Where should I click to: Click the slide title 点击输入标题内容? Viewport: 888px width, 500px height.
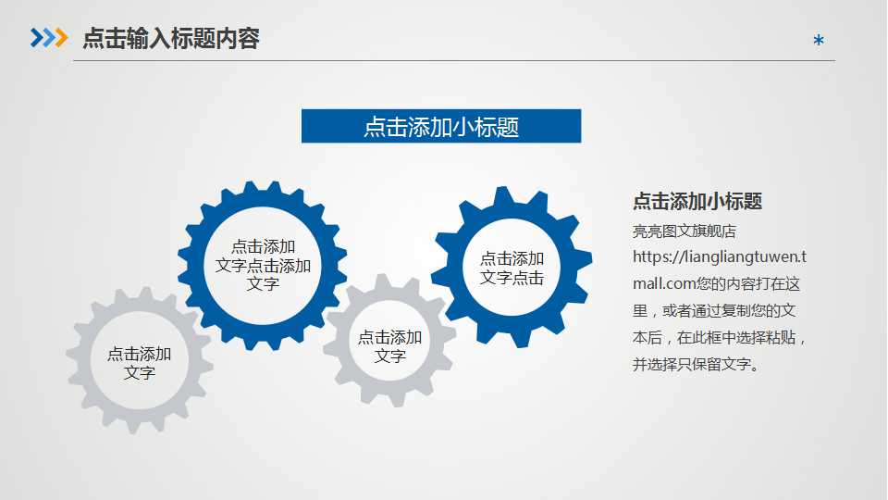[x=171, y=38]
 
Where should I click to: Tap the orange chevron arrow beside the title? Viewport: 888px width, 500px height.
[x=61, y=38]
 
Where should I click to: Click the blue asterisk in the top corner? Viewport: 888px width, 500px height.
[x=818, y=41]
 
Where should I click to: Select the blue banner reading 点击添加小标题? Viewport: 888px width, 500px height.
[x=441, y=126]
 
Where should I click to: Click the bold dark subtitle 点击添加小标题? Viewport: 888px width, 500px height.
[x=697, y=202]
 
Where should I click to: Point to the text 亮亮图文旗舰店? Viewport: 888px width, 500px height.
[x=684, y=231]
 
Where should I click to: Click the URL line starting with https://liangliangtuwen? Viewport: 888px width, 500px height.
[x=719, y=256]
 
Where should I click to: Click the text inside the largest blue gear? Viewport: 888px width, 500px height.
[x=263, y=265]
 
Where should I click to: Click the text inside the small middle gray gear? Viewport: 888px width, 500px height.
[x=389, y=346]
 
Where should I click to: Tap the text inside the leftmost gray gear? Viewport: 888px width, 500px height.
[x=139, y=363]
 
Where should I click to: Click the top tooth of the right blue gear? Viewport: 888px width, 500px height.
[x=503, y=195]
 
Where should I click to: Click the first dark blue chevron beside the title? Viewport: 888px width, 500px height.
[x=36, y=38]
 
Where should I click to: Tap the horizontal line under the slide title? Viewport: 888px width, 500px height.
[x=453, y=61]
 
